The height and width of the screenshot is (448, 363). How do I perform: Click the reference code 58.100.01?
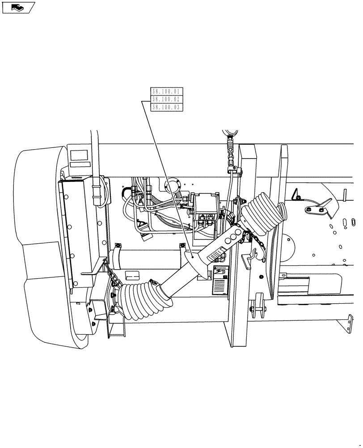165,91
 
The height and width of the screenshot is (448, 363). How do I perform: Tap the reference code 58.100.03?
165,107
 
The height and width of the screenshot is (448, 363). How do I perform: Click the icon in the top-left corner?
18,7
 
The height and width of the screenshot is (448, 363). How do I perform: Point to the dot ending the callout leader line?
192,257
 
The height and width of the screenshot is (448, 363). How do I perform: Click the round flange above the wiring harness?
173,184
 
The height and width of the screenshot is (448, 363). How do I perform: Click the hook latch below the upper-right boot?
252,257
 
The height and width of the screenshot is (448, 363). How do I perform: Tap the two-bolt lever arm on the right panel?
319,207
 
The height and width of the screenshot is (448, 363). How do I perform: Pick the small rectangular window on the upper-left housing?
79,156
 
